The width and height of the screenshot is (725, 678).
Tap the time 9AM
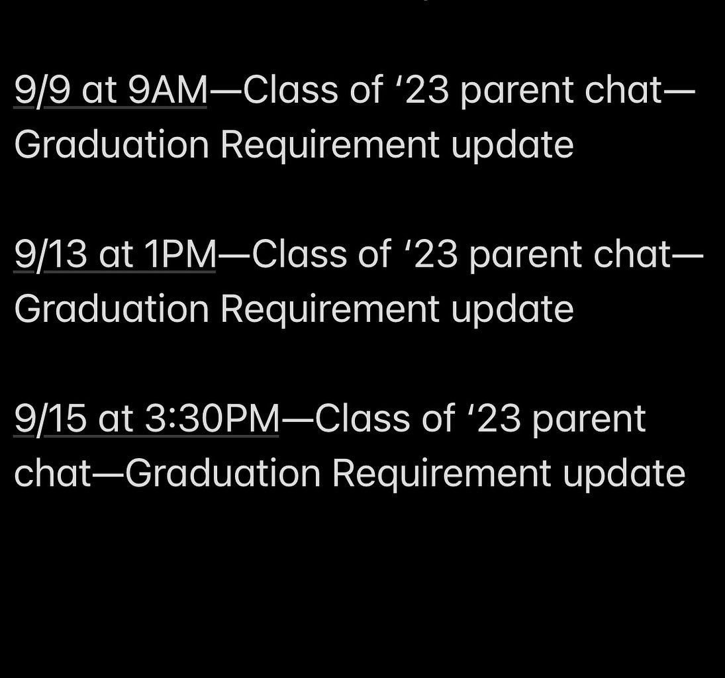(168, 90)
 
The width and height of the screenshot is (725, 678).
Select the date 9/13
(50, 255)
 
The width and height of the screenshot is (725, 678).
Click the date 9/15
(50, 418)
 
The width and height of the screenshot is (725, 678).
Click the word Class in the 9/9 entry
(283, 90)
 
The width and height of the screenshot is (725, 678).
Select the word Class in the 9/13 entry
(292, 255)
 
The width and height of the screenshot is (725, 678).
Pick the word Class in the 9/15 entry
(355, 418)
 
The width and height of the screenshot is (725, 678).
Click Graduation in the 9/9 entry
(111, 144)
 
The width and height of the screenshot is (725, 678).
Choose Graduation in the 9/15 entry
(222, 473)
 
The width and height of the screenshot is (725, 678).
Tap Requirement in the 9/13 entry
(330, 310)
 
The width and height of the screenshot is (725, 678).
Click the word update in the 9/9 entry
(512, 146)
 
